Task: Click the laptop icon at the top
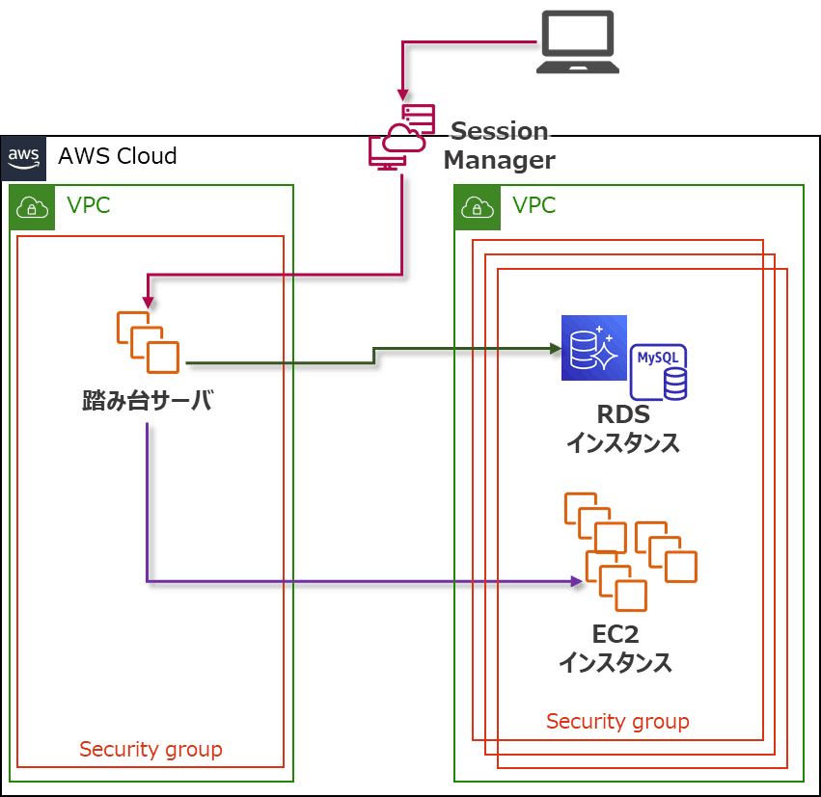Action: [577, 41]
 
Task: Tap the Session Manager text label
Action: [499, 146]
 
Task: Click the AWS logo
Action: [23, 157]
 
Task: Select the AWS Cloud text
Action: [118, 156]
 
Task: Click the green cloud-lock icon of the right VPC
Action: [477, 207]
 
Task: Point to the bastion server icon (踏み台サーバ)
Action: [148, 342]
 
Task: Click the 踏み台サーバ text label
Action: [148, 401]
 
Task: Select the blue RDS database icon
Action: [594, 348]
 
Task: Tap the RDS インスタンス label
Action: [623, 429]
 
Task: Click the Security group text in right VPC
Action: [617, 721]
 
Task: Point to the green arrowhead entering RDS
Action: [555, 349]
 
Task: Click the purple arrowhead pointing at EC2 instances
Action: [577, 581]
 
